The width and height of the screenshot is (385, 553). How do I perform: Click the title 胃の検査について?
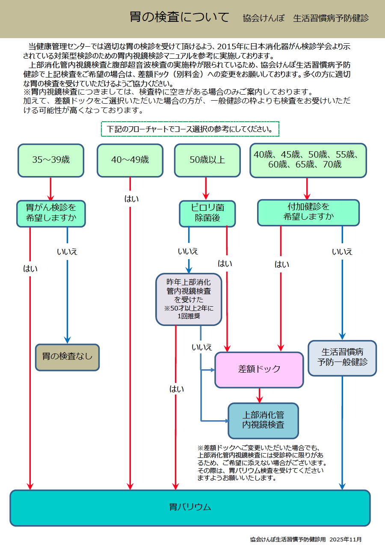[180, 18]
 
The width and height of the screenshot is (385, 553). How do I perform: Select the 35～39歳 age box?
[51, 160]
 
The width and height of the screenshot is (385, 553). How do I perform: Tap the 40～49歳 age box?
[130, 160]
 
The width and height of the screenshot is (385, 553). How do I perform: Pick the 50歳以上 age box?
[207, 160]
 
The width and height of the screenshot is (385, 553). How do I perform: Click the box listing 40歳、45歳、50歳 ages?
[308, 160]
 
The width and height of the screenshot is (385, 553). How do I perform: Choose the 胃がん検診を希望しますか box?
[51, 213]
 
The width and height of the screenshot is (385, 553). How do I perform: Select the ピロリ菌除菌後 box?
[207, 213]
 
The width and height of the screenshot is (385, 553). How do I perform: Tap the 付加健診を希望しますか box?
[308, 212]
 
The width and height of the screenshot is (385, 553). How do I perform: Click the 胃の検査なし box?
[67, 357]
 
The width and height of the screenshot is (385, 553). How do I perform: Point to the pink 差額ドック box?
[259, 370]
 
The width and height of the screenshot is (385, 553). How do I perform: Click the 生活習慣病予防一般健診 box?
[342, 358]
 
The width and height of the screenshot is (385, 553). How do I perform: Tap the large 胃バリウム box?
[190, 508]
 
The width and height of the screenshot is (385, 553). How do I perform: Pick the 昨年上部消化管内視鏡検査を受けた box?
[189, 299]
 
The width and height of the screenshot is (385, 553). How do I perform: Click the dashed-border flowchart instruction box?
[190, 129]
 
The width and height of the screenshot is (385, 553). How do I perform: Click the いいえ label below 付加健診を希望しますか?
[342, 252]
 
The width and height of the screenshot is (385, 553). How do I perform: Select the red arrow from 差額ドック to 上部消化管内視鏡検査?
[259, 395]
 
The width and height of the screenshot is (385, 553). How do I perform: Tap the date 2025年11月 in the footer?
[346, 539]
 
